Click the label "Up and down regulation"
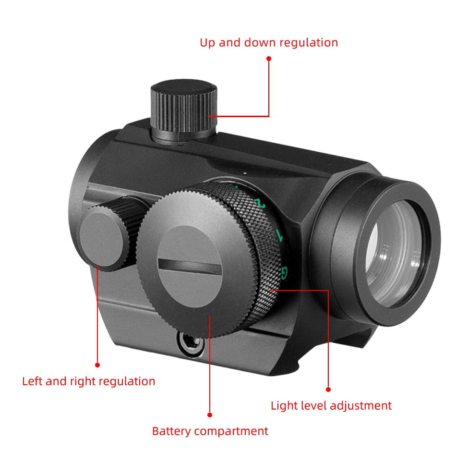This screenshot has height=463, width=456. coord(269,43)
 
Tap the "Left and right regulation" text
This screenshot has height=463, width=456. coord(89,382)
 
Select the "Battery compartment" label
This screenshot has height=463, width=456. coord(210,431)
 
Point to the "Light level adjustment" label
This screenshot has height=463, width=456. coord(331,406)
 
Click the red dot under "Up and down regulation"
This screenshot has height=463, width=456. coord(269,59)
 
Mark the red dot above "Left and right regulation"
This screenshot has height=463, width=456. coord(97,365)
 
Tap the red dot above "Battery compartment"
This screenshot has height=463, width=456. coord(210,414)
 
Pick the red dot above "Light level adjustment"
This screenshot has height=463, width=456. coord(328,389)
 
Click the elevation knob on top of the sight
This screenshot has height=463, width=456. coord(184,110)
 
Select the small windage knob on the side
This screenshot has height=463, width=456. coord(103,235)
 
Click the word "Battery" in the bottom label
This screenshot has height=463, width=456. coord(171,431)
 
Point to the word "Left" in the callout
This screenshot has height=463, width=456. coord(32,382)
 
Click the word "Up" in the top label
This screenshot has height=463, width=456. coord(207,43)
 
